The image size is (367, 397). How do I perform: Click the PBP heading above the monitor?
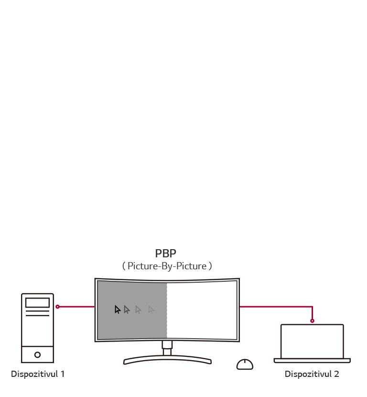[166, 254]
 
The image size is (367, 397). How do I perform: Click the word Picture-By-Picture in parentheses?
[167, 266]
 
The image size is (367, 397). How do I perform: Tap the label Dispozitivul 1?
[38, 374]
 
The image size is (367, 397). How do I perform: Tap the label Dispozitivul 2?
[312, 374]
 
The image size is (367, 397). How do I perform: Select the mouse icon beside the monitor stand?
[245, 364]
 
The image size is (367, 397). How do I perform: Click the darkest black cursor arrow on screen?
[118, 309]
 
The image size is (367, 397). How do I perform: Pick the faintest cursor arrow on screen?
[151, 309]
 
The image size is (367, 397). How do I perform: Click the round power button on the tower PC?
[37, 355]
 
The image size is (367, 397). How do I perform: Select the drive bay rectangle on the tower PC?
[37, 303]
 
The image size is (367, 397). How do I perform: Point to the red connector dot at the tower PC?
[57, 307]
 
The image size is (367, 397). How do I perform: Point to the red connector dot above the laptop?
[312, 321]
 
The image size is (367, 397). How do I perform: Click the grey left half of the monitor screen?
[132, 325]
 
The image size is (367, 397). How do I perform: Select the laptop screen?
[312, 341]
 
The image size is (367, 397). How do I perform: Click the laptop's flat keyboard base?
[312, 361]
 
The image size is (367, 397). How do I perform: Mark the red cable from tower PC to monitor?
[76, 307]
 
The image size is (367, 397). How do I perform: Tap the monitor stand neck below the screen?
[167, 348]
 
